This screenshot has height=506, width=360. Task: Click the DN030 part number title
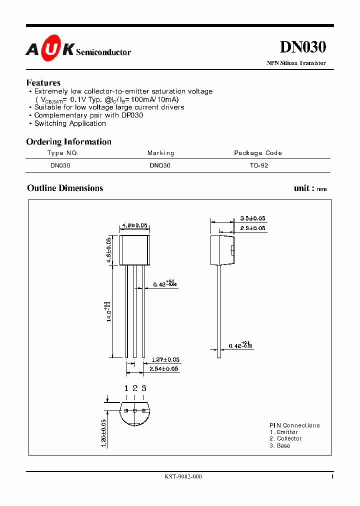click(x=302, y=47)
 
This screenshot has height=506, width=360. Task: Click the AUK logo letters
click(x=50, y=49)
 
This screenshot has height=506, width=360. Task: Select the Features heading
click(x=43, y=82)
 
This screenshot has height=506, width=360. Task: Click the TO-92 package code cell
click(x=259, y=165)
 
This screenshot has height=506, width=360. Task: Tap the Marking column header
click(x=160, y=153)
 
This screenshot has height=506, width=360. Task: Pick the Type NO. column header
click(x=63, y=153)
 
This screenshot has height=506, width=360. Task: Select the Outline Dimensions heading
click(x=65, y=188)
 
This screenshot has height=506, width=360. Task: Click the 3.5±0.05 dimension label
click(x=252, y=218)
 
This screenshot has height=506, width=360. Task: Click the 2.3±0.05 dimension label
click(x=252, y=228)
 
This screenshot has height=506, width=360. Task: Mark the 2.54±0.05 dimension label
click(x=164, y=369)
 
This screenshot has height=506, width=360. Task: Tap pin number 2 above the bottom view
click(x=134, y=388)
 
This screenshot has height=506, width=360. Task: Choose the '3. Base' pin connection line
click(x=279, y=445)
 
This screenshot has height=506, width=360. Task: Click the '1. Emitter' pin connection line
click(x=283, y=432)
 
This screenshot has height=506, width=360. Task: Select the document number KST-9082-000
click(x=183, y=476)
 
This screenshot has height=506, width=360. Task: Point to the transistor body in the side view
click(x=221, y=250)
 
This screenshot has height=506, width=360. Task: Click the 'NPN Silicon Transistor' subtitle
click(x=296, y=63)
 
